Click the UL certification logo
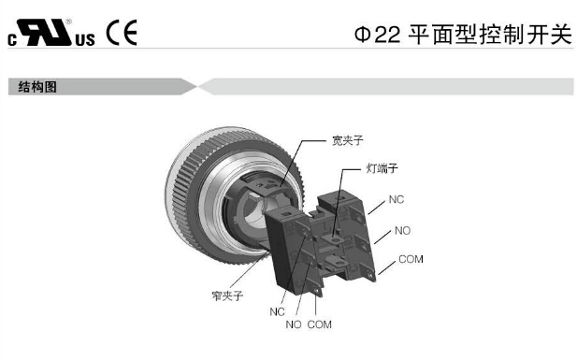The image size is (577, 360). (51, 33)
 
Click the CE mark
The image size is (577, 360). (122, 33)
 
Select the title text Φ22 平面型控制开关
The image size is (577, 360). (463, 35)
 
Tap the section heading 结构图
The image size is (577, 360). (37, 87)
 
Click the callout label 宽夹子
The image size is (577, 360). (347, 140)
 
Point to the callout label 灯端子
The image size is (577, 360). (382, 168)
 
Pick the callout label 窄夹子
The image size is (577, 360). (227, 295)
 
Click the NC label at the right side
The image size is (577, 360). (397, 199)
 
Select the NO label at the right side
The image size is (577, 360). (402, 231)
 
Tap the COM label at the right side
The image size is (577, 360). (411, 259)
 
